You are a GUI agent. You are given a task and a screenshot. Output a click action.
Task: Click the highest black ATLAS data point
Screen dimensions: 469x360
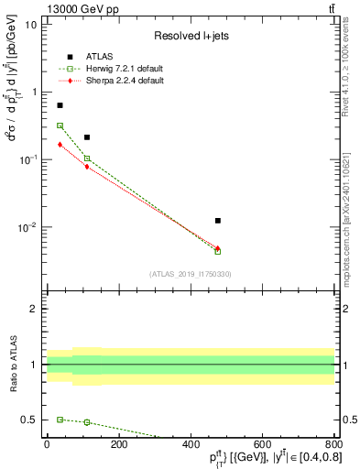click(x=60, y=105)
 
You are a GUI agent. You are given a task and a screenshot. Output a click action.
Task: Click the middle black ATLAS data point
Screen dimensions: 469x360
click(x=87, y=137)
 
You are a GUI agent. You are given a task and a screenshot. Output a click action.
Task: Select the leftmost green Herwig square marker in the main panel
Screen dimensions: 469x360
click(x=60, y=125)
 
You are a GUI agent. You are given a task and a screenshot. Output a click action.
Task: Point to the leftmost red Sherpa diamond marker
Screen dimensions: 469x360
click(x=60, y=145)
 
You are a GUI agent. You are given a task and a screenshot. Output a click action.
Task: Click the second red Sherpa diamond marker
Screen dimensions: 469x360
click(x=87, y=167)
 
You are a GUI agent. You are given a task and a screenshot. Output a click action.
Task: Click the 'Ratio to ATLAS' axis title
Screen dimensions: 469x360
click(x=14, y=365)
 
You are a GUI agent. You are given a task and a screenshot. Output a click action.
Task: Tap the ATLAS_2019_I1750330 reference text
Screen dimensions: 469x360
click(x=190, y=274)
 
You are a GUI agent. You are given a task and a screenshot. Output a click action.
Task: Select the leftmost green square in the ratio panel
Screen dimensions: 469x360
click(x=60, y=420)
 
